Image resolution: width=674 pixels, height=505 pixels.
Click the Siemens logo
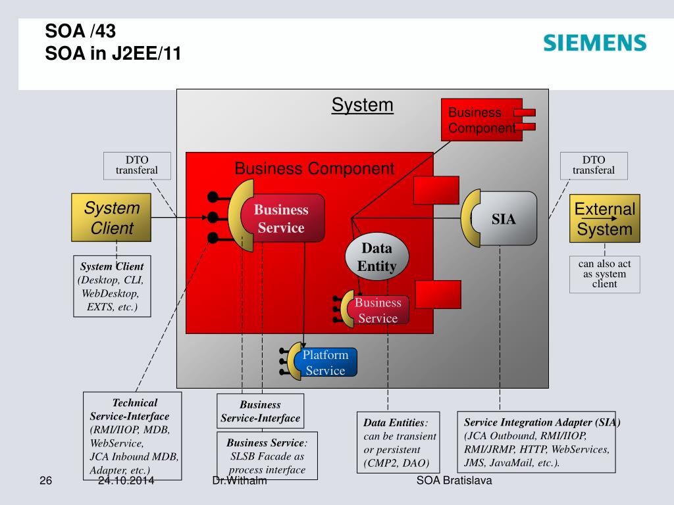[595, 43]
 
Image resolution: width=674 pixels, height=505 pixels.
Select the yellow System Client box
[112, 218]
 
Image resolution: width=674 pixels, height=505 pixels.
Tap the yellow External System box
[604, 219]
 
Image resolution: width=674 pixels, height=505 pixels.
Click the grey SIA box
[504, 219]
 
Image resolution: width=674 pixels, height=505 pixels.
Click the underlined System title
[362, 105]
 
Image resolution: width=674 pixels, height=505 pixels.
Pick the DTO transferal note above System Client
[137, 166]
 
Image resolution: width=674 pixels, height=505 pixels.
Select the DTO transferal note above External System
[593, 166]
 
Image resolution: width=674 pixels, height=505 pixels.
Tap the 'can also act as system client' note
[604, 274]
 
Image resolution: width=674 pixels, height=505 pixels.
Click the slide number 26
[45, 481]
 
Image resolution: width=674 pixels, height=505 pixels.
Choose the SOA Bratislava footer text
[454, 481]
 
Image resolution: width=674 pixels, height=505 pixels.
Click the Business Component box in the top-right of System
[481, 120]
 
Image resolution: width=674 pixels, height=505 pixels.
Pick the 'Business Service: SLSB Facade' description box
[267, 455]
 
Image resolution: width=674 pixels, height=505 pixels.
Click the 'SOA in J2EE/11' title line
[113, 53]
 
